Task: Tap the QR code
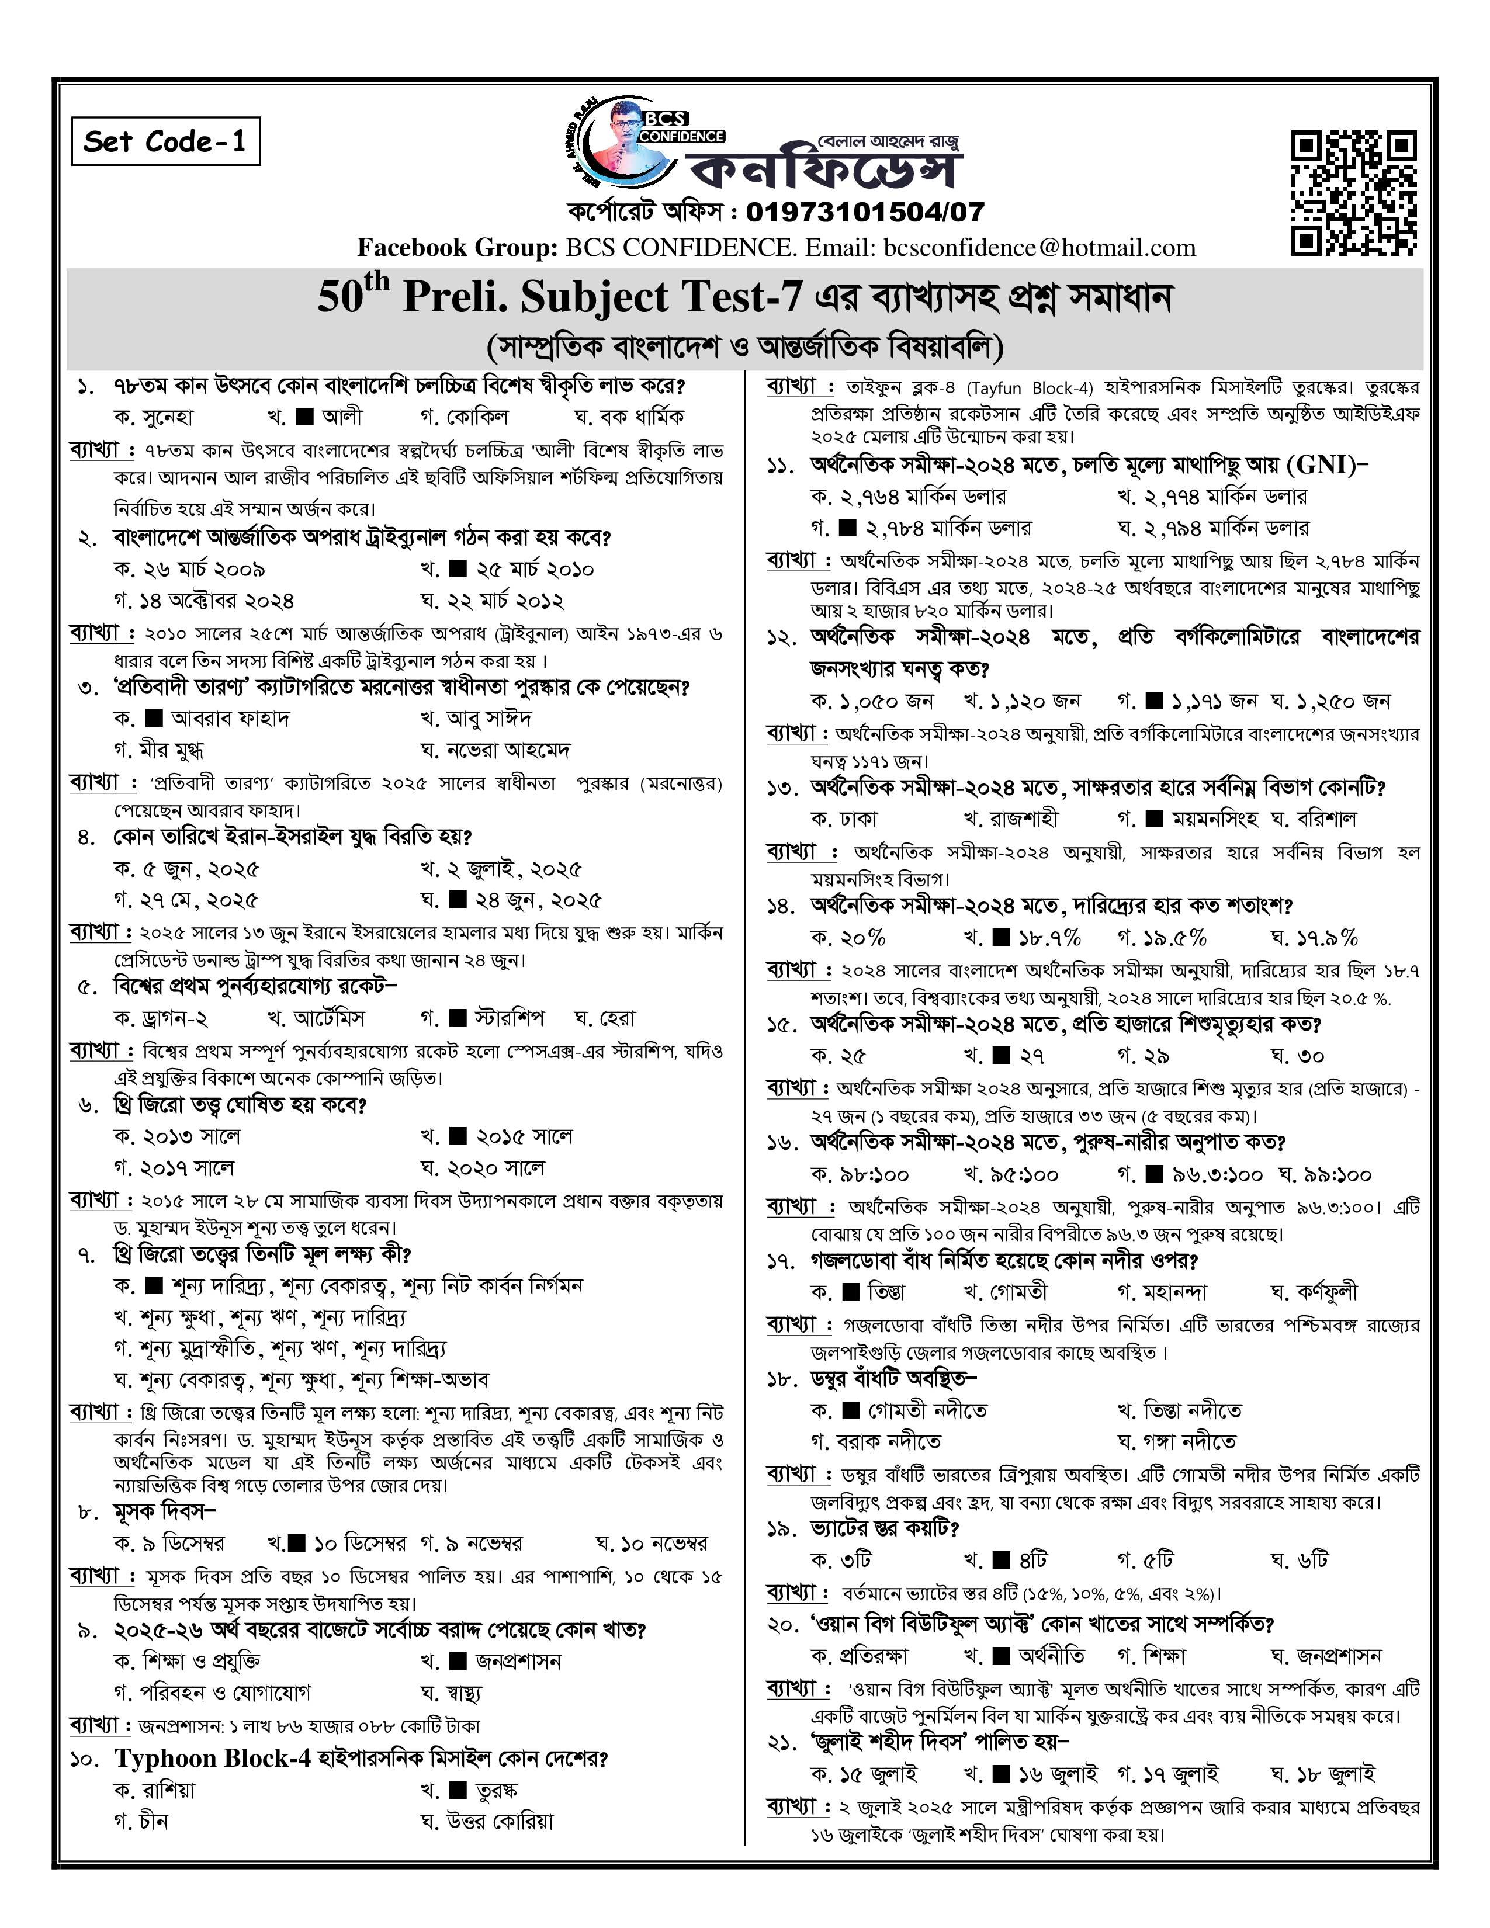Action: click(x=1353, y=192)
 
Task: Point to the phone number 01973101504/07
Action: click(x=864, y=212)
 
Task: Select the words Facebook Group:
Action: click(x=456, y=248)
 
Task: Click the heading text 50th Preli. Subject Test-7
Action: click(x=560, y=297)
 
